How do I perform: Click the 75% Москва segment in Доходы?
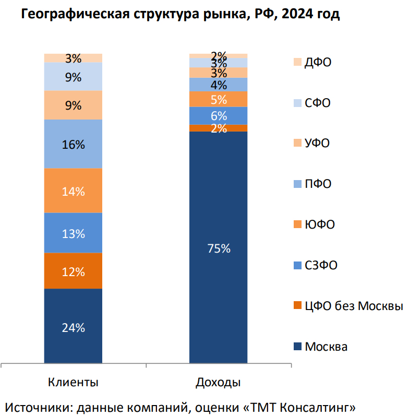pos(218,248)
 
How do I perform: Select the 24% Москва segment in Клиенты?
pos(73,327)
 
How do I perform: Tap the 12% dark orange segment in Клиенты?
pos(73,271)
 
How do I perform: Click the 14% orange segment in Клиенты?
pos(73,191)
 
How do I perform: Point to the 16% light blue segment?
pos(73,145)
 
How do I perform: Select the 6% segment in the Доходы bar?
pos(218,115)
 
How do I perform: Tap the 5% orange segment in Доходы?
pos(218,99)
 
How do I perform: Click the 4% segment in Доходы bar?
pos(218,85)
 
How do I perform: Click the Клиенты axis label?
pos(73,382)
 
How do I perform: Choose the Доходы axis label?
pos(218,382)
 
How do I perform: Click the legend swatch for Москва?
pos(297,347)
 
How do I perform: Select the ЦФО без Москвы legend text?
pos(354,306)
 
